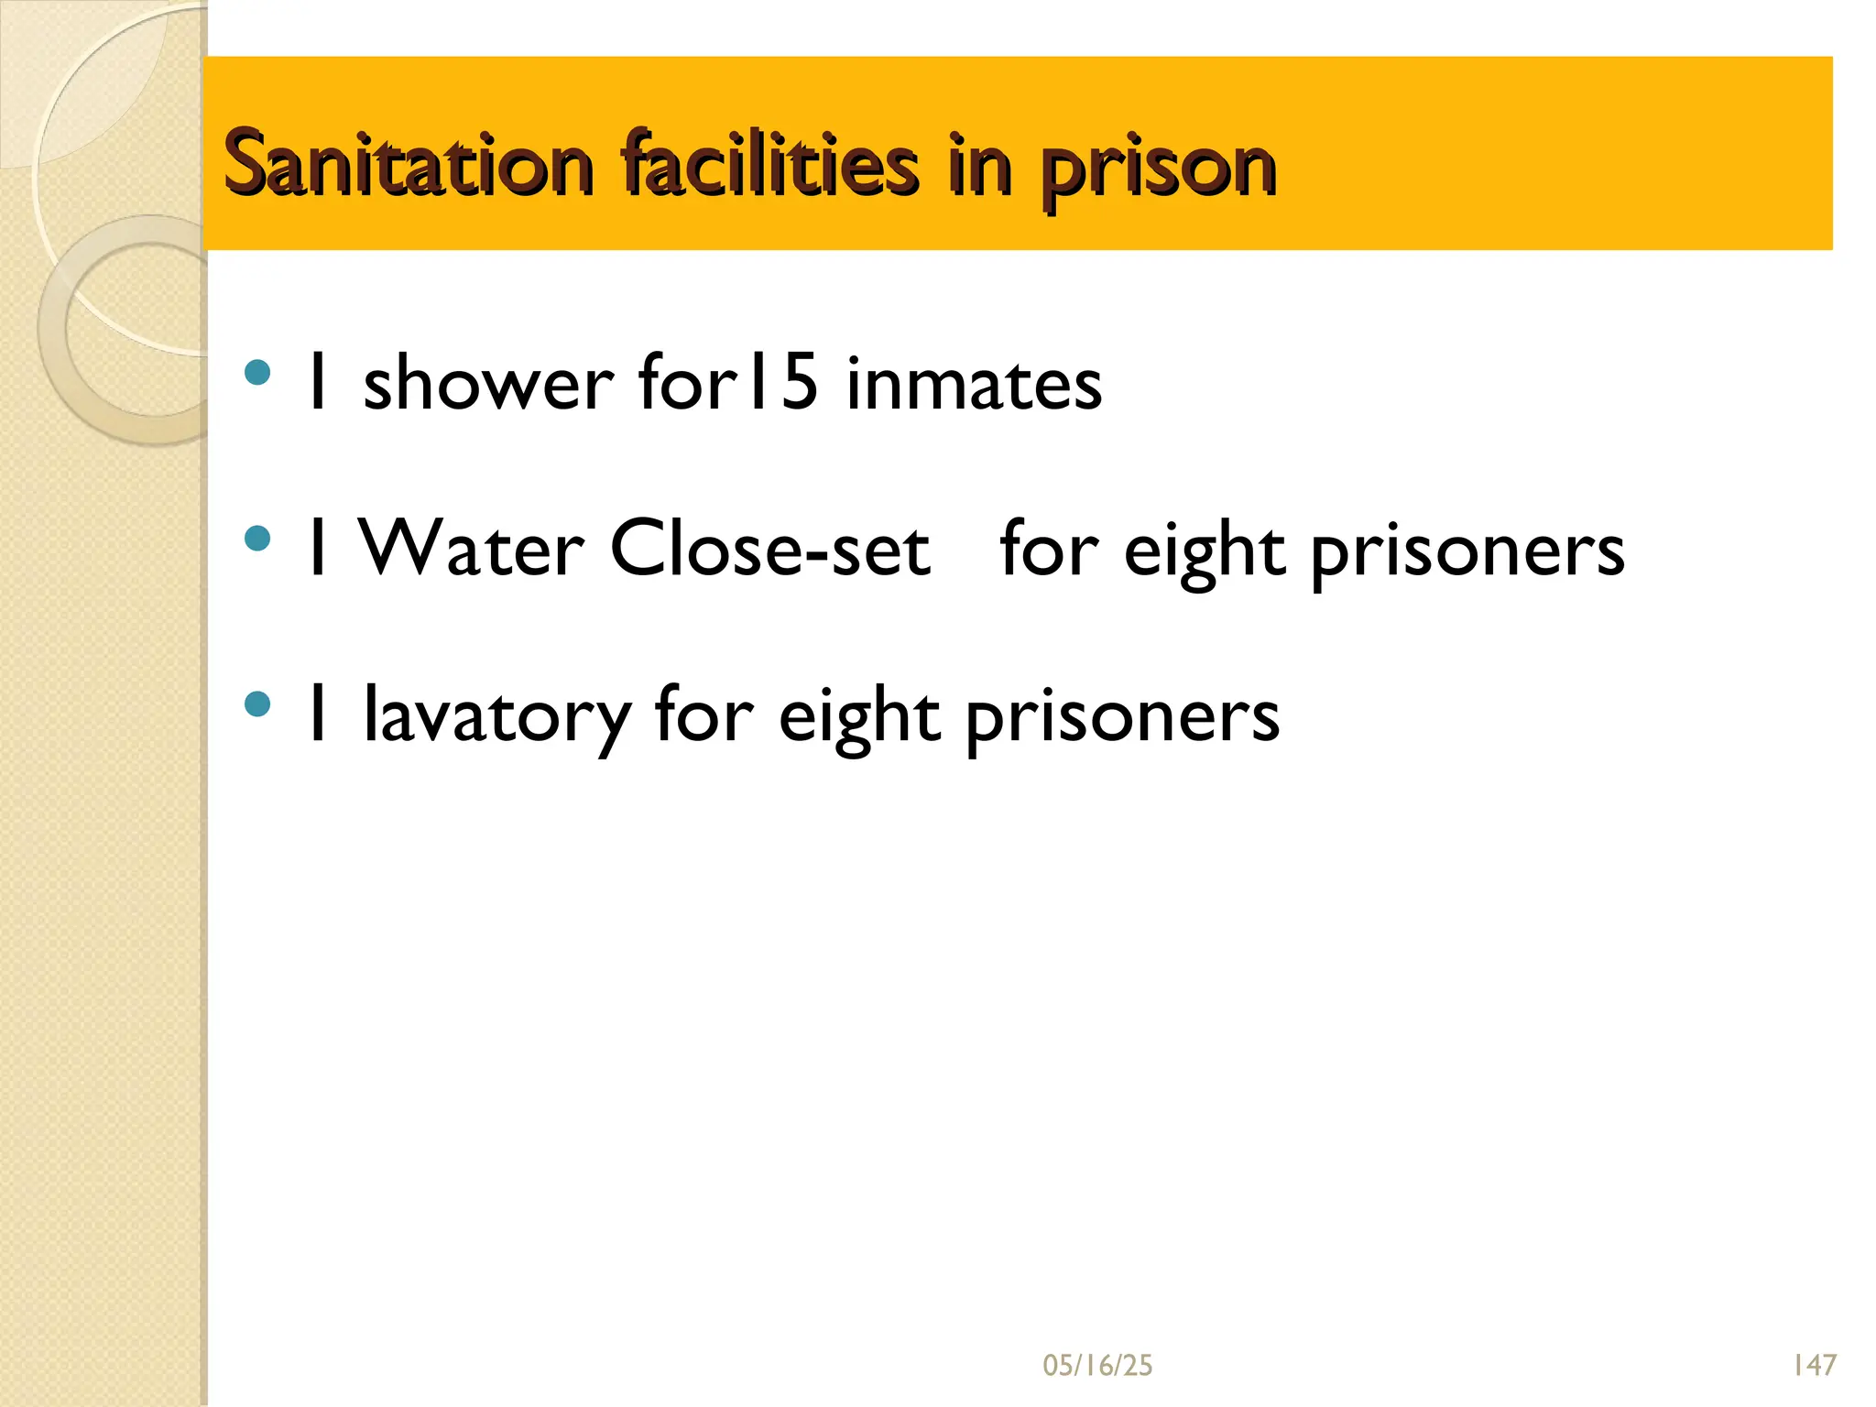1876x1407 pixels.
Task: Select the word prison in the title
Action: point(1158,169)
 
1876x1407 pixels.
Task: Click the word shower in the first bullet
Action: point(488,383)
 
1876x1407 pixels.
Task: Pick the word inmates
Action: point(974,383)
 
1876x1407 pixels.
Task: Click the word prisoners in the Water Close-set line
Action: point(1467,551)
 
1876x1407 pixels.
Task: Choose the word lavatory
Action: point(496,716)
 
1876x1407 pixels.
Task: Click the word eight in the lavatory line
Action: point(859,718)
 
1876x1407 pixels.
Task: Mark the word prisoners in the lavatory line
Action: point(1122,718)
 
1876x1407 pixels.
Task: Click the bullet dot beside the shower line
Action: point(258,373)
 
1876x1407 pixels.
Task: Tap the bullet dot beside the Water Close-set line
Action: point(258,538)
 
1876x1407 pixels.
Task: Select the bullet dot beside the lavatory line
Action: point(258,704)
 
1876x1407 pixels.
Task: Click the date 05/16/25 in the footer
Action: point(1097,1366)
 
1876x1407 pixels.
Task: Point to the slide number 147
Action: point(1814,1366)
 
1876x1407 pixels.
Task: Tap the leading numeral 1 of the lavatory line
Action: point(319,714)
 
